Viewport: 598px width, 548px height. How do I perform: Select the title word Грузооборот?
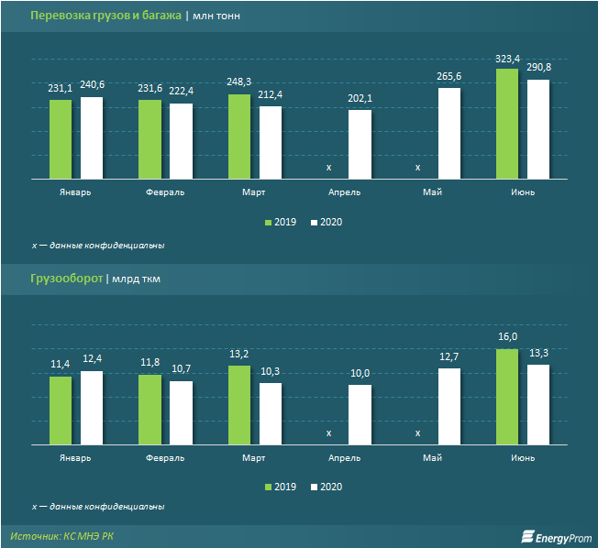[x=67, y=278]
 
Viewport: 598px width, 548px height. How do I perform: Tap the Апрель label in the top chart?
[x=345, y=192]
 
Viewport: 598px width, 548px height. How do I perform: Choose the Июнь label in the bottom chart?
[x=523, y=457]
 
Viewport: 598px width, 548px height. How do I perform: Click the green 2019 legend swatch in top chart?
[x=269, y=223]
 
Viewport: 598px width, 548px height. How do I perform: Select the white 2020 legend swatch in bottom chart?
[x=315, y=487]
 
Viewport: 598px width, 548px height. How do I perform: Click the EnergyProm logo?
[x=556, y=536]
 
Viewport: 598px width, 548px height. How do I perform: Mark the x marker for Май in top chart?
[x=418, y=167]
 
